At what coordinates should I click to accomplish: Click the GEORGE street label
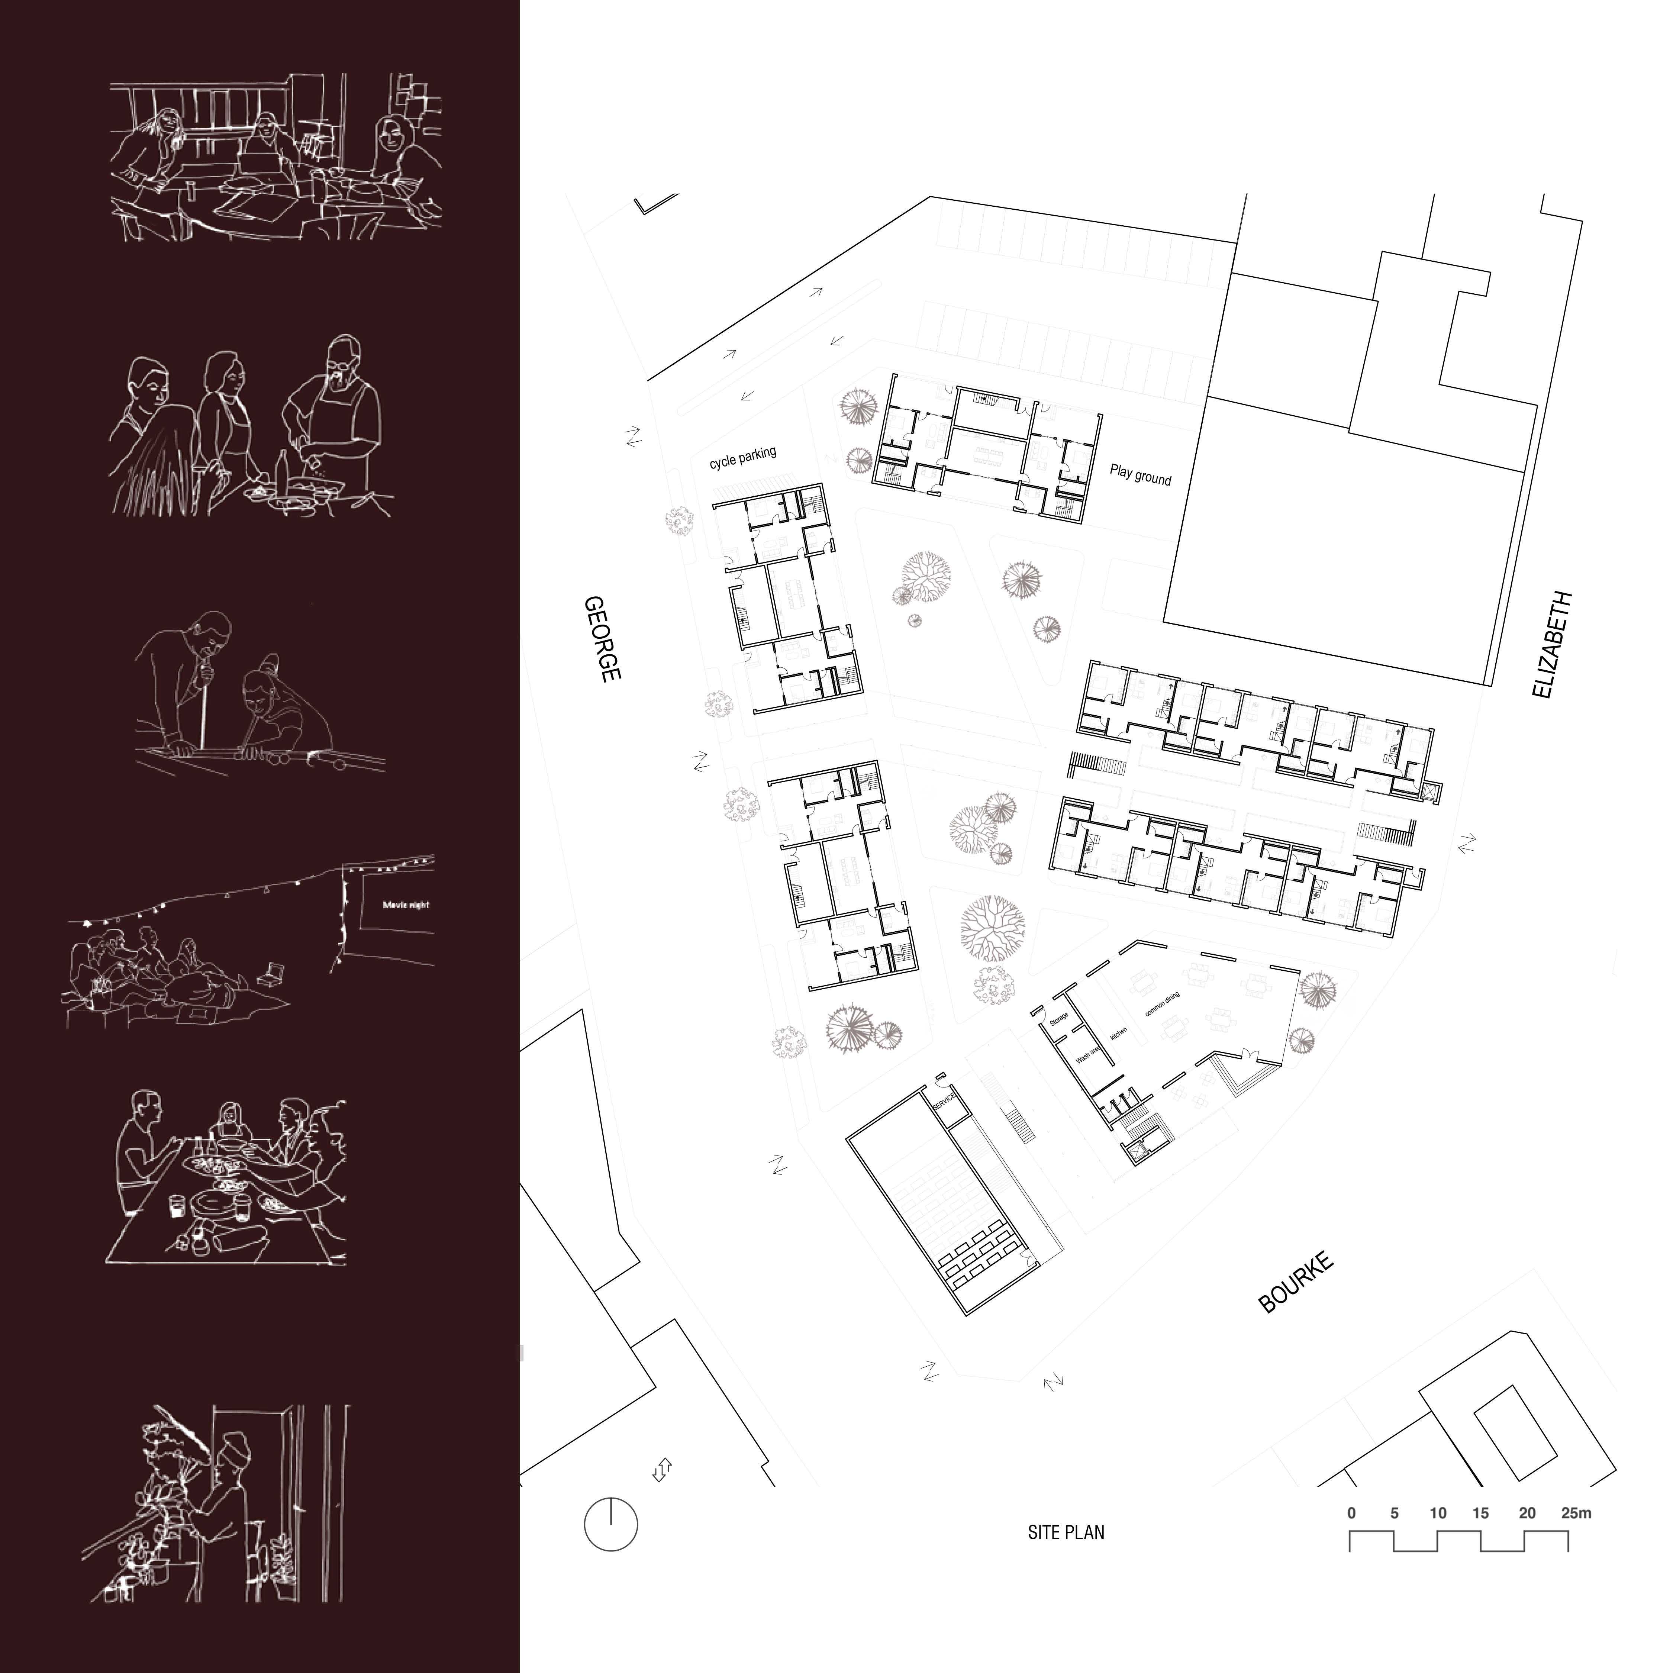click(x=603, y=639)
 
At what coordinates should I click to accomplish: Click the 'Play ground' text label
click(x=1141, y=474)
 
